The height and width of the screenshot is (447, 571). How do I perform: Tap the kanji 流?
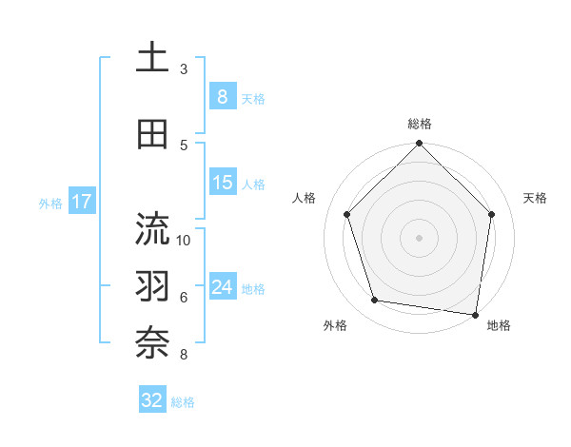152,228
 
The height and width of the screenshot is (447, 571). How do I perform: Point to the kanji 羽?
152,286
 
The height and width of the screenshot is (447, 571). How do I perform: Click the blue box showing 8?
222,97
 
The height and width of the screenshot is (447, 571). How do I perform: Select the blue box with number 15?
222,183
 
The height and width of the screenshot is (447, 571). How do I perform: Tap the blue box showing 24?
222,287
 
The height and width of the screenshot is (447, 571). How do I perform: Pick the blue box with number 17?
81,202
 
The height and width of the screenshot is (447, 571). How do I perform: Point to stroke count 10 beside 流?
184,240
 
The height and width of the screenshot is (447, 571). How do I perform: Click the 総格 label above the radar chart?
419,124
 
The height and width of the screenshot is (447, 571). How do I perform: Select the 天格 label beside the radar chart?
535,198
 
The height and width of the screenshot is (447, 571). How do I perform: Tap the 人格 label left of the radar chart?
305,198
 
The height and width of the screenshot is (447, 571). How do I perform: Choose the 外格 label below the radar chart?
335,325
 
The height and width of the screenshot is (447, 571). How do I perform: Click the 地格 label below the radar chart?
499,325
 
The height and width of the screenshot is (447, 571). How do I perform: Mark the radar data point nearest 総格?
419,145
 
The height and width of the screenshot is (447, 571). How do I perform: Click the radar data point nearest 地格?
476,314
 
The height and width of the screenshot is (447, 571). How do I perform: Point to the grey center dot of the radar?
419,237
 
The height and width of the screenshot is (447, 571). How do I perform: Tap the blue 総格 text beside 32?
183,402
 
